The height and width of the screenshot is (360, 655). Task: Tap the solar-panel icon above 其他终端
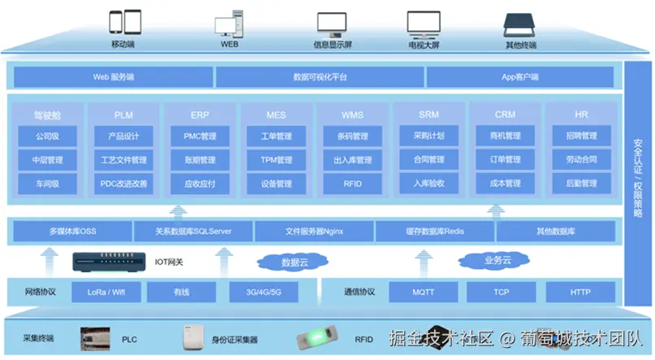520,24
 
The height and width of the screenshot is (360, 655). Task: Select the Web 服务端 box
112,77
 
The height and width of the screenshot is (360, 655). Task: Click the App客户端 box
520,77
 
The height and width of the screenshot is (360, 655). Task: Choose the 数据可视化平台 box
319,77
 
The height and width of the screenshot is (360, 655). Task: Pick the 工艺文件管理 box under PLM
124,160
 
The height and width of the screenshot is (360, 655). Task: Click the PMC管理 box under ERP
199,136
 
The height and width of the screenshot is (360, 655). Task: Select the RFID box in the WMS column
352,184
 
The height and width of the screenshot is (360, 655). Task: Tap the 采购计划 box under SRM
428,136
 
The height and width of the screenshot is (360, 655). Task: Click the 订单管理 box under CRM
505,160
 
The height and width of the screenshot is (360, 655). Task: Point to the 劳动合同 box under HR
581,160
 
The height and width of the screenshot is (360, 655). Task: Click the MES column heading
275,115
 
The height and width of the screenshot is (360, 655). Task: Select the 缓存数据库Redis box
435,232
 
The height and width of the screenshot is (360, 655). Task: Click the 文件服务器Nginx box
314,232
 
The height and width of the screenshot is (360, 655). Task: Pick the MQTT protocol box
423,291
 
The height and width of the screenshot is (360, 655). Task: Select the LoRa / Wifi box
106,291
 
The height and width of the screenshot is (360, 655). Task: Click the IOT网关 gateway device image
110,262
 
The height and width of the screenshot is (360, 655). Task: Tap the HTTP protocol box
580,291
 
